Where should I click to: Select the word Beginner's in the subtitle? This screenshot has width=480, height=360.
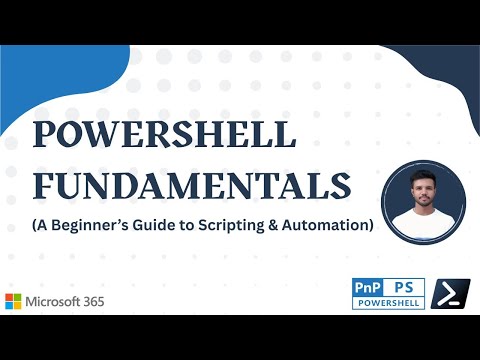109,225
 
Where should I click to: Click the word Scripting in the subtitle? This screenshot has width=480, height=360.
241,225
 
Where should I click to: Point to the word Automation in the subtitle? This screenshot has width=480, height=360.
329,225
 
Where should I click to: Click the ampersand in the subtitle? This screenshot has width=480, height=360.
282,225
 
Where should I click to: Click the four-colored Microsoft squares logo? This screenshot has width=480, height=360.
14,301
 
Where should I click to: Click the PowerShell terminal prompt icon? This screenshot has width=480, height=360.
450,295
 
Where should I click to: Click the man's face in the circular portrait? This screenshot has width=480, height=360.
424,188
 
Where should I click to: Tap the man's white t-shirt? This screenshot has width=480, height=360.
424,217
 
